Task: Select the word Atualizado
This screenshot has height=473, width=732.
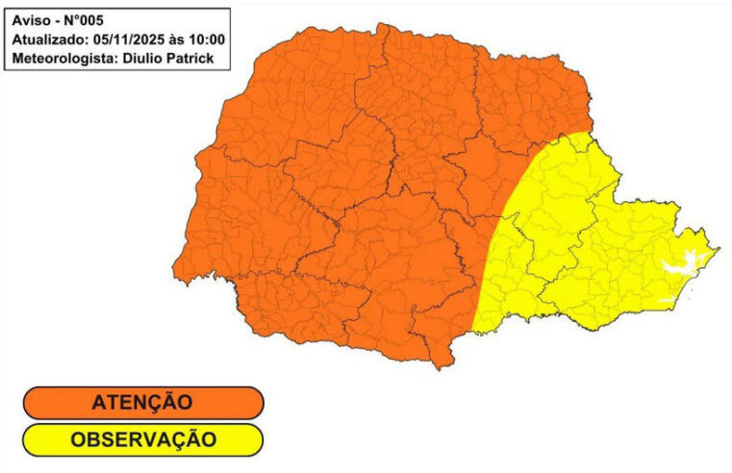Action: [50, 39]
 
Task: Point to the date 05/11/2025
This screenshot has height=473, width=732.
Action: [134, 39]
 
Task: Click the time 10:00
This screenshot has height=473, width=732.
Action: [207, 39]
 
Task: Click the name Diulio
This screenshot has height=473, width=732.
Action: [144, 59]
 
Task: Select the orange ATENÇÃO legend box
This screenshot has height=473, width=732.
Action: [143, 403]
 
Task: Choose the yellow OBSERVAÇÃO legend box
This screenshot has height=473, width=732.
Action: [143, 440]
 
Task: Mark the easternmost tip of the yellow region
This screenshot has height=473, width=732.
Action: [719, 249]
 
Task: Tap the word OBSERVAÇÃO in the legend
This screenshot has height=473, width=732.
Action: [142, 440]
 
